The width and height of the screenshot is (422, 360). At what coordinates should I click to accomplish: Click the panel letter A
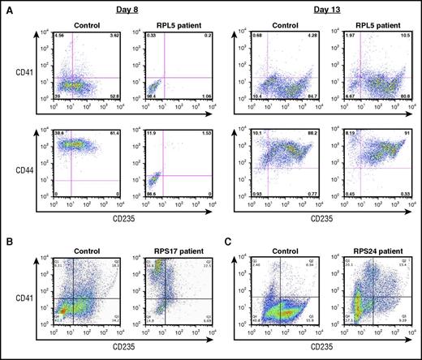pyautogui.click(x=6, y=7)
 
